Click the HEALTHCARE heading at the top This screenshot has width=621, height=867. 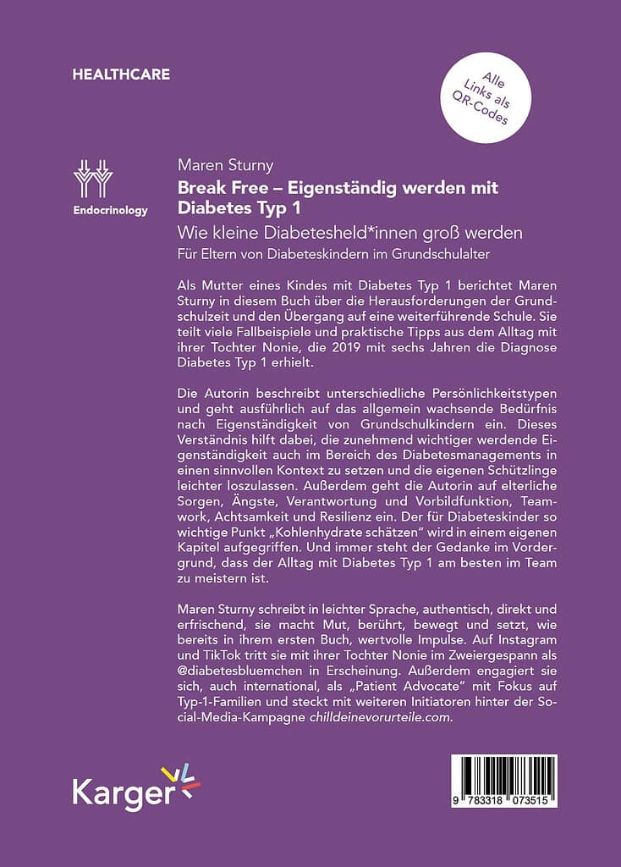(x=121, y=75)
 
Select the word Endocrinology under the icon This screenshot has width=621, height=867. (x=110, y=211)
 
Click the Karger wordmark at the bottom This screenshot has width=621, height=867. (x=123, y=793)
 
